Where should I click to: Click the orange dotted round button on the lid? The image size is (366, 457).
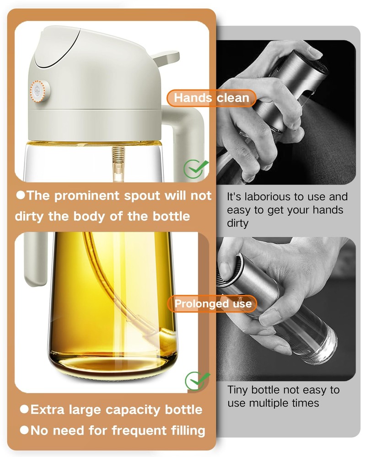point(39,91)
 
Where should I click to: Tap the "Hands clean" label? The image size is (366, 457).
point(212,98)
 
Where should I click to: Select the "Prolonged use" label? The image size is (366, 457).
point(212,304)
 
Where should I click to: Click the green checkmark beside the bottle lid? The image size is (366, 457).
point(195,169)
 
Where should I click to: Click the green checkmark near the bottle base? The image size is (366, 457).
point(197,381)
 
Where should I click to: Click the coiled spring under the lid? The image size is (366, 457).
point(118,155)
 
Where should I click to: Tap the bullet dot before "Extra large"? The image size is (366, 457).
point(24,409)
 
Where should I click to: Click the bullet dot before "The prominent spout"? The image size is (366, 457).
point(21,195)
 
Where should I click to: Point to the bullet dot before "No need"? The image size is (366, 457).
point(24,430)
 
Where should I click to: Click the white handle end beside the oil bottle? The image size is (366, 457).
point(35,260)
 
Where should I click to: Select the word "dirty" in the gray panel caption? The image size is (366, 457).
point(237,223)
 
